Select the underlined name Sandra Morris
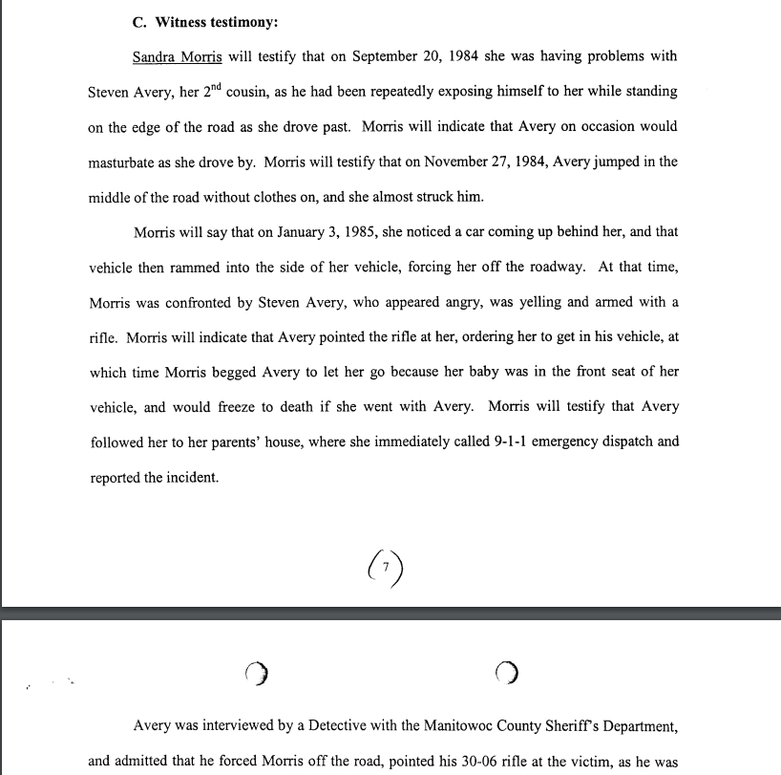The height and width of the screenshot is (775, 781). (183, 56)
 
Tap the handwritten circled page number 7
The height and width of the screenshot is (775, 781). (384, 568)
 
